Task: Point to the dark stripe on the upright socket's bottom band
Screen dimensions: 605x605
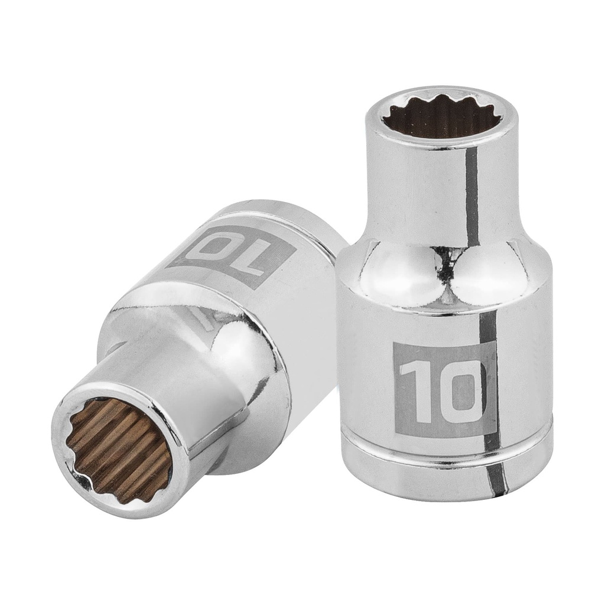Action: pyautogui.click(x=500, y=473)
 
